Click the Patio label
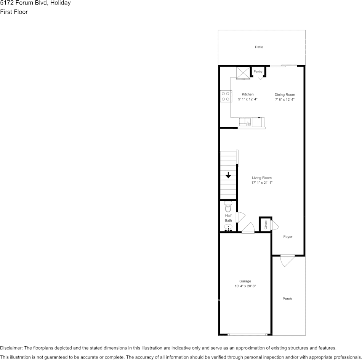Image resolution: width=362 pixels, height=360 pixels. [259, 47]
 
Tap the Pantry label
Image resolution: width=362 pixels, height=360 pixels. [258, 72]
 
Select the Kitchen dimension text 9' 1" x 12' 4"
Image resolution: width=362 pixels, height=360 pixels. [248, 99]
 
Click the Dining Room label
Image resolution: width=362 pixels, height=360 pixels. [285, 95]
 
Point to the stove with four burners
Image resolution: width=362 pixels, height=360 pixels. [225, 96]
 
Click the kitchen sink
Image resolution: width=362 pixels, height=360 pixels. [244, 122]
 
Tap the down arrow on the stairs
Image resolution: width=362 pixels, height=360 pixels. [228, 175]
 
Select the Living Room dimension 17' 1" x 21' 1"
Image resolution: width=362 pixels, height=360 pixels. [262, 183]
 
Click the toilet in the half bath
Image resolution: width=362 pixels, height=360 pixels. [228, 207]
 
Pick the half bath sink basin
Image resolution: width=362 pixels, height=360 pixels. [228, 227]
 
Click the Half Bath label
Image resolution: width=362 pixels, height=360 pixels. [228, 218]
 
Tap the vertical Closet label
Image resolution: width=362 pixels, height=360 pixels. [266, 225]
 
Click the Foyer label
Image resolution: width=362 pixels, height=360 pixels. [288, 237]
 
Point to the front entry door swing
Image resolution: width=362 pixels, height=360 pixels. [287, 261]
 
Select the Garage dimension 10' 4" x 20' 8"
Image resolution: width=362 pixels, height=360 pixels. [245, 286]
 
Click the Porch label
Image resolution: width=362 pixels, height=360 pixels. [287, 299]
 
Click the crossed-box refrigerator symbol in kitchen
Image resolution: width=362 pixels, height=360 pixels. [242, 72]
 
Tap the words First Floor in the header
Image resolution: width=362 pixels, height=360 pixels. [14, 12]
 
